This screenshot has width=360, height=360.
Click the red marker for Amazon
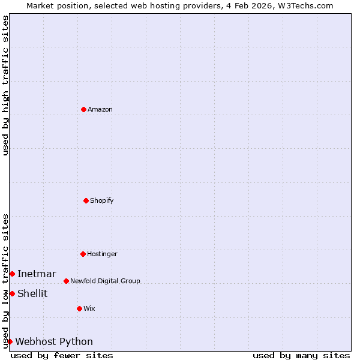click(x=83, y=109)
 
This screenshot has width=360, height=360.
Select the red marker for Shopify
click(x=86, y=200)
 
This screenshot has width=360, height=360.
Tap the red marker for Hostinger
click(x=83, y=254)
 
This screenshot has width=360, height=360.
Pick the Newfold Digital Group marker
click(x=66, y=281)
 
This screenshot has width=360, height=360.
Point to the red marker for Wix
click(x=79, y=308)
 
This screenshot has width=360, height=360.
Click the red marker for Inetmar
click(x=12, y=274)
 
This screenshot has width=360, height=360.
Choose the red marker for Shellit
click(x=12, y=293)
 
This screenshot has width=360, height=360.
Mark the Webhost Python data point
click(x=10, y=341)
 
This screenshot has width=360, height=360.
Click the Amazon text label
click(x=100, y=109)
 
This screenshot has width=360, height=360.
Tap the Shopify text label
click(x=102, y=200)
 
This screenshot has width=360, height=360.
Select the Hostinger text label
click(x=102, y=254)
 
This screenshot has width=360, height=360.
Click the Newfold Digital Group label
click(x=105, y=281)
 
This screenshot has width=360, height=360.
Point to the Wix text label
click(x=89, y=308)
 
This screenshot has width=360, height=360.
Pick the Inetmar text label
click(x=37, y=274)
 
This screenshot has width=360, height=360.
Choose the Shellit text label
click(x=32, y=293)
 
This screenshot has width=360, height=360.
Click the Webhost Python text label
click(x=54, y=341)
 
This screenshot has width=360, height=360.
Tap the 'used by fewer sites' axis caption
click(x=62, y=355)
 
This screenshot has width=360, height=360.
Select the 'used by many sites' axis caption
click(x=301, y=355)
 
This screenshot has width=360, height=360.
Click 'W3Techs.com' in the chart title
click(x=309, y=5)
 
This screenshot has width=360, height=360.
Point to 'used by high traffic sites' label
click(x=5, y=85)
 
